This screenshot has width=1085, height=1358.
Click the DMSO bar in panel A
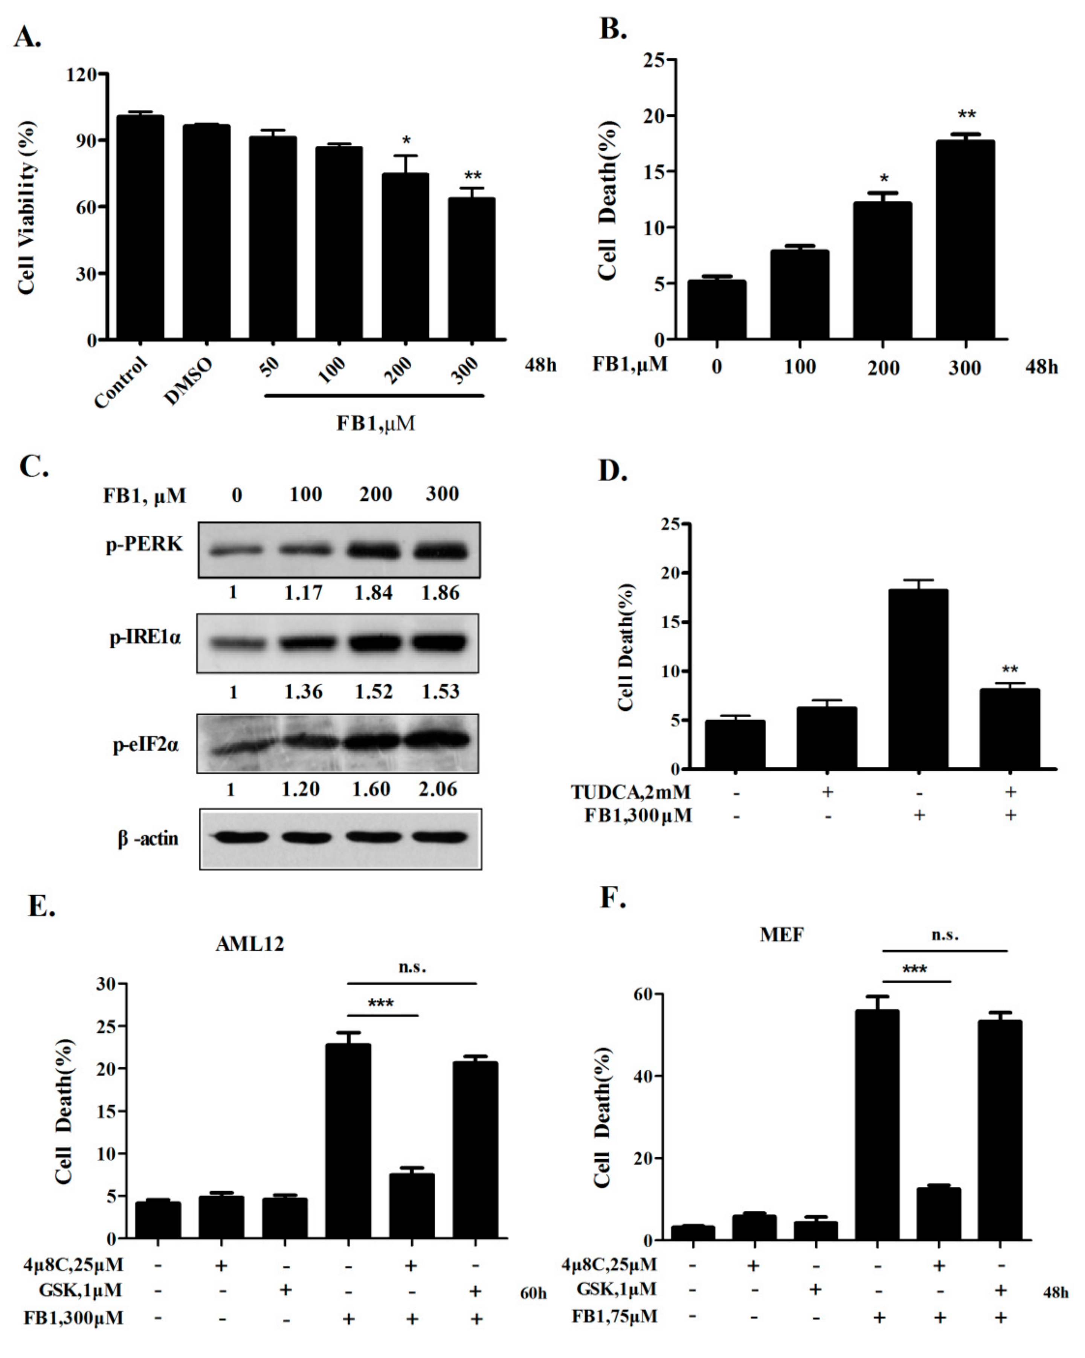207,233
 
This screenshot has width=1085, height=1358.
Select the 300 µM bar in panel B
964,239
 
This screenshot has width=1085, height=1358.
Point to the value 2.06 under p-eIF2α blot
438,789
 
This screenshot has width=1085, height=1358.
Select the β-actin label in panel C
148,838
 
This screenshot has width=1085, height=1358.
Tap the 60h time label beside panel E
533,1294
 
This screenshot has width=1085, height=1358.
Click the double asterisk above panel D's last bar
1010,669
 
